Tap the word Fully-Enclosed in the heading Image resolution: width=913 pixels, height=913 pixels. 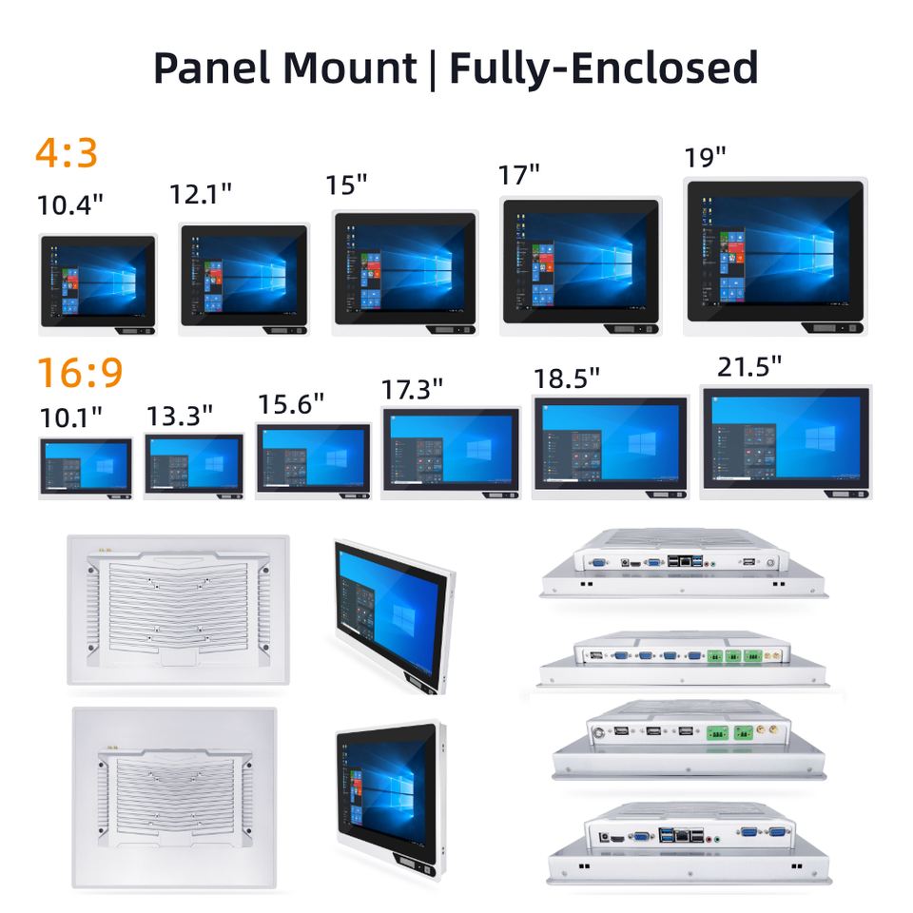coord(603,68)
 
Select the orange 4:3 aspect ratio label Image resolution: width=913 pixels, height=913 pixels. coord(67,152)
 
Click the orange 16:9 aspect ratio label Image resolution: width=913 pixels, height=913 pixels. coord(80,373)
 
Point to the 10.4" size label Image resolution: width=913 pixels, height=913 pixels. coord(70,204)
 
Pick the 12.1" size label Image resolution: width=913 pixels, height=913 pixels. coord(201,194)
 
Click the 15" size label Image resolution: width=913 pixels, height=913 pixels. coord(346,185)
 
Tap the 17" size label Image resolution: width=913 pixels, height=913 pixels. coord(519,175)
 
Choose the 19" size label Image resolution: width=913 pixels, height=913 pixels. coord(705,157)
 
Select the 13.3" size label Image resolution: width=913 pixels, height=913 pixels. coord(179,417)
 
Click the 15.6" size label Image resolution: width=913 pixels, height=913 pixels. coord(291,404)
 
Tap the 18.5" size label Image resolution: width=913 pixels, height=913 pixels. coord(566,378)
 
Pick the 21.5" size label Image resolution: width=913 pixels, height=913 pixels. coord(748,367)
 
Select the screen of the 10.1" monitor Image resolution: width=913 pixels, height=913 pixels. coord(86,466)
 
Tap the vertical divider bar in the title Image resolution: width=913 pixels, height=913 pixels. coord(433,69)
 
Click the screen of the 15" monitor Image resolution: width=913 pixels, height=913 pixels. coord(404,265)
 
